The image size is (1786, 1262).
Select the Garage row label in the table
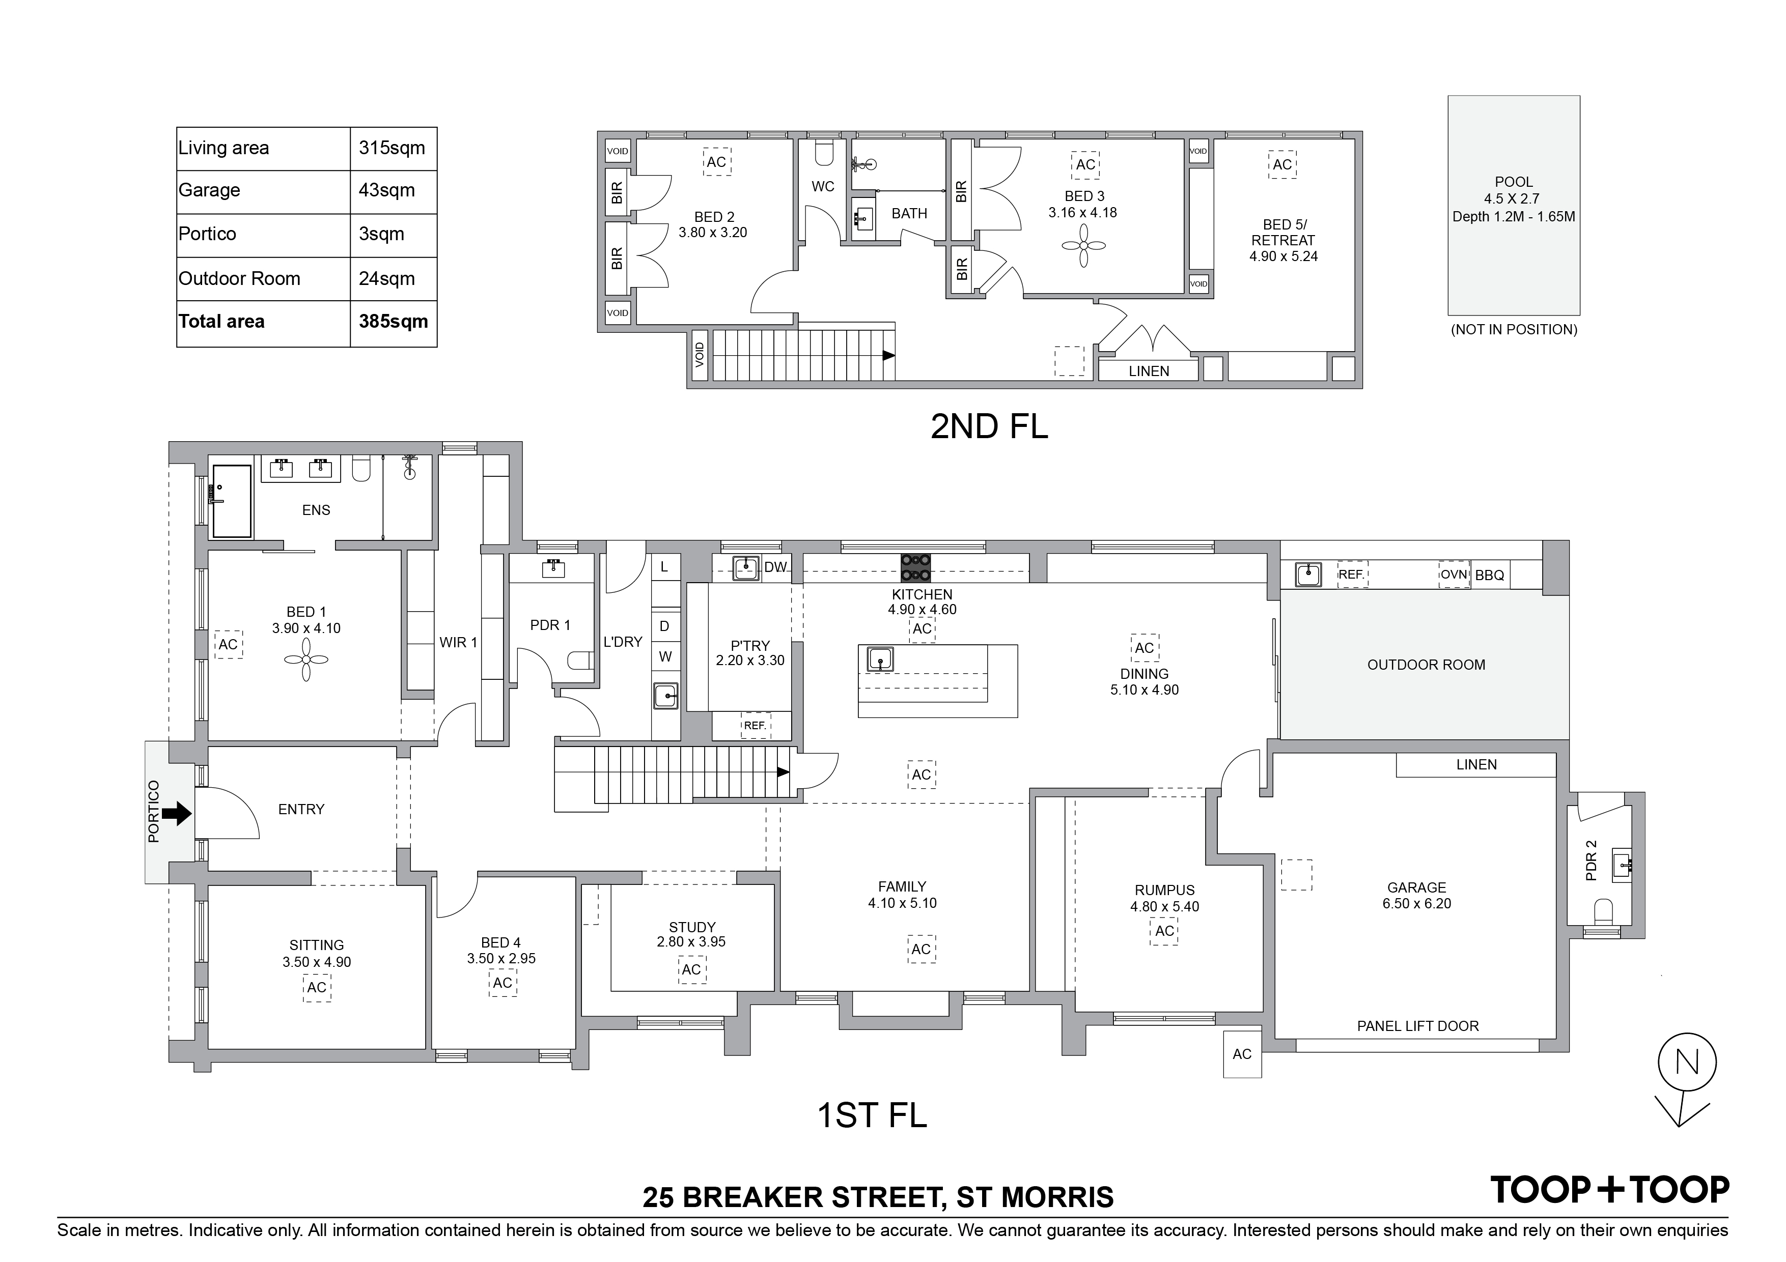pos(209,190)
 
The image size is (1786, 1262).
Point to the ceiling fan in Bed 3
pos(1083,246)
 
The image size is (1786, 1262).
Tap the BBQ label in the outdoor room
pos(1490,576)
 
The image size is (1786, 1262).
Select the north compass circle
pos(1686,1063)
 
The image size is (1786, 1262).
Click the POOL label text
pos(1513,182)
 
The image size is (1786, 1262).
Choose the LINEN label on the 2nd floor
pos(1149,371)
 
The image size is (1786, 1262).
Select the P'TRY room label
pos(750,645)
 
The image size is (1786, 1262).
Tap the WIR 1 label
pos(458,642)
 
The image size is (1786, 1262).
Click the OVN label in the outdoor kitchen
pos(1453,575)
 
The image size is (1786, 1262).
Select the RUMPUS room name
pos(1164,891)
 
